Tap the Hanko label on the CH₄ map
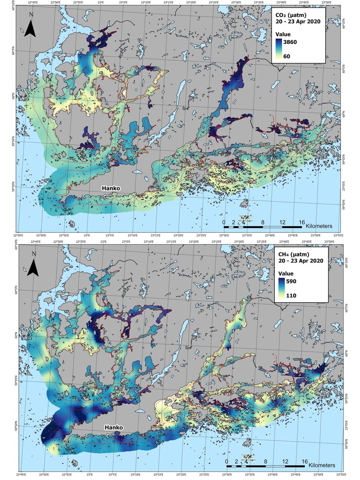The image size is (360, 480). click(114, 428)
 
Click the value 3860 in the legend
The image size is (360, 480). click(296, 41)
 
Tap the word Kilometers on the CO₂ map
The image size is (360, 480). click(319, 226)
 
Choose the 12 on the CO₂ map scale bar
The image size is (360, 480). click(282, 222)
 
